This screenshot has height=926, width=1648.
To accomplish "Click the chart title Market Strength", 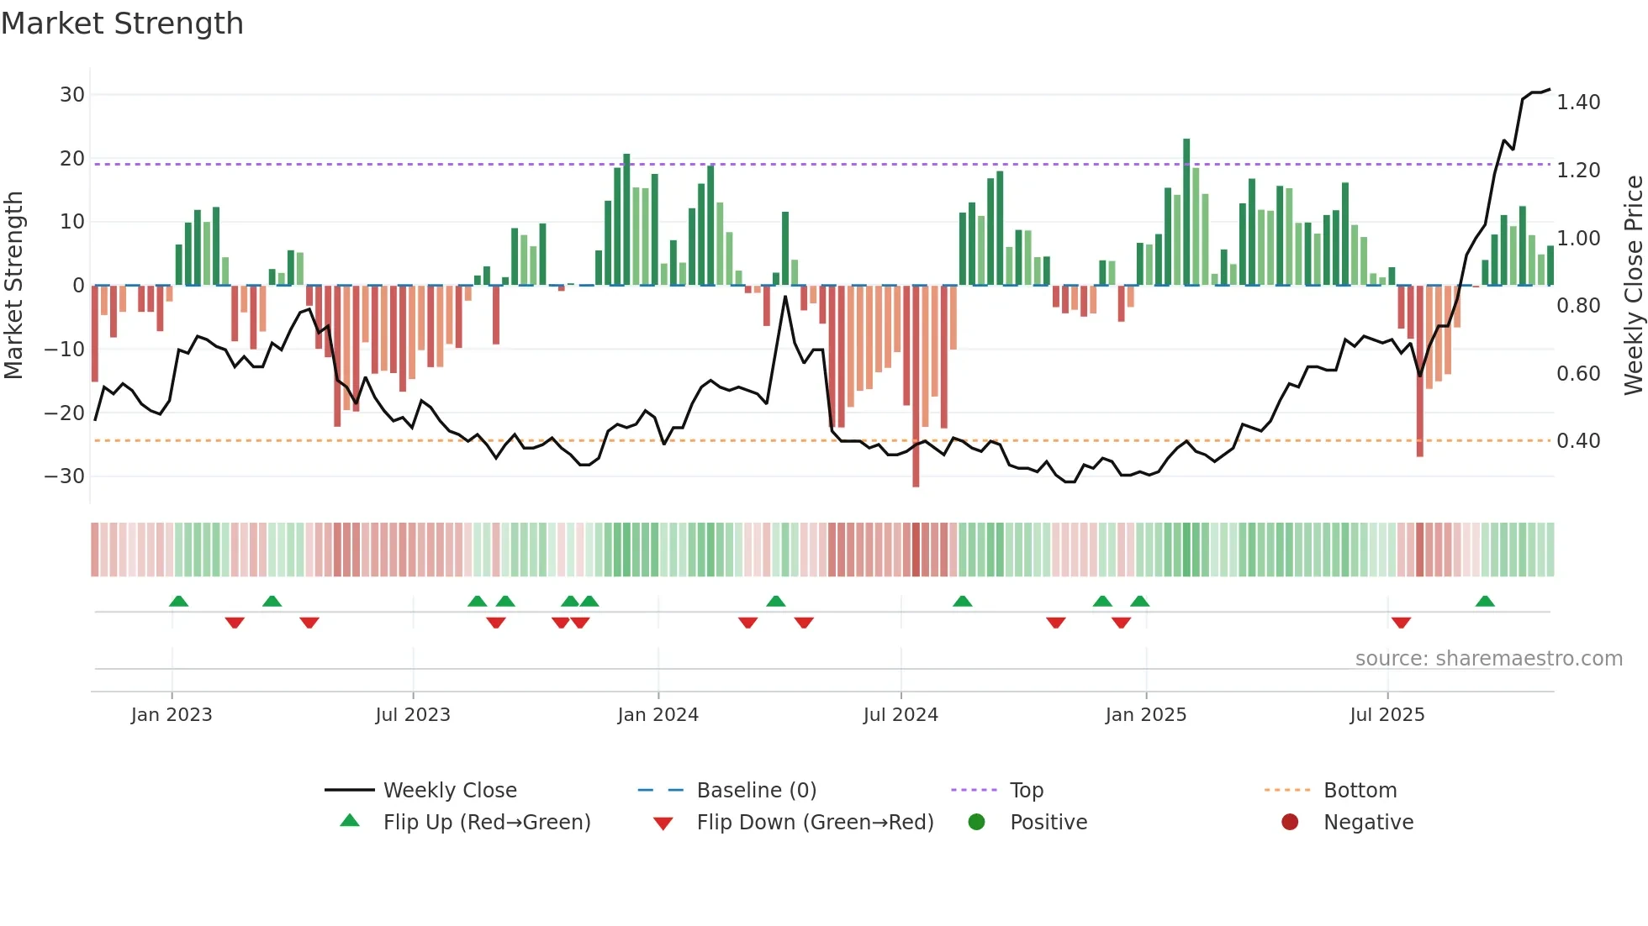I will click(122, 24).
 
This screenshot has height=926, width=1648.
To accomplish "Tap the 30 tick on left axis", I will click(72, 95).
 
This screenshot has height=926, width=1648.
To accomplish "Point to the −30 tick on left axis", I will click(65, 476).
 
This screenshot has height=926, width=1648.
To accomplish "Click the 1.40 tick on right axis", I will click(1578, 103).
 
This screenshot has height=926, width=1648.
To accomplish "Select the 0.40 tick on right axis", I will click(1578, 441).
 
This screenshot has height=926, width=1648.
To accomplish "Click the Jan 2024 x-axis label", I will click(658, 715).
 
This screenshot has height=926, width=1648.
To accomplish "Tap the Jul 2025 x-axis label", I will click(1387, 715).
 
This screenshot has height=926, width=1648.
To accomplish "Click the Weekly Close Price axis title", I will click(1633, 286).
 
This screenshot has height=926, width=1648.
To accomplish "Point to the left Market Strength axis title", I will click(14, 286).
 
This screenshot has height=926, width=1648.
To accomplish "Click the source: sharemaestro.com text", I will click(1488, 659).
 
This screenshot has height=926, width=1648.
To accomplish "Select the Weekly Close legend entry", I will click(450, 791).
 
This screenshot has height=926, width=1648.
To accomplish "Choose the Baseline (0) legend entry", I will click(756, 791).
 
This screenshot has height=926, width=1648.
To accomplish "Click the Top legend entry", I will click(1026, 791).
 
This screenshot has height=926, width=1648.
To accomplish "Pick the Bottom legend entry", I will click(1360, 791).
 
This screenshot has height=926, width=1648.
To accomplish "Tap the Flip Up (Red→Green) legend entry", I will click(486, 823).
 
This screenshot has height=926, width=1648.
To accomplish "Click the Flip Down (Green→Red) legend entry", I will click(814, 823).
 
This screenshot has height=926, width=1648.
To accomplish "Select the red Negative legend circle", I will click(1290, 823).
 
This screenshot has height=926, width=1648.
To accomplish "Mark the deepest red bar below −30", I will click(916, 387).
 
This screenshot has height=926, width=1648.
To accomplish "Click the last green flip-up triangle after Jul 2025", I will click(1485, 602).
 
